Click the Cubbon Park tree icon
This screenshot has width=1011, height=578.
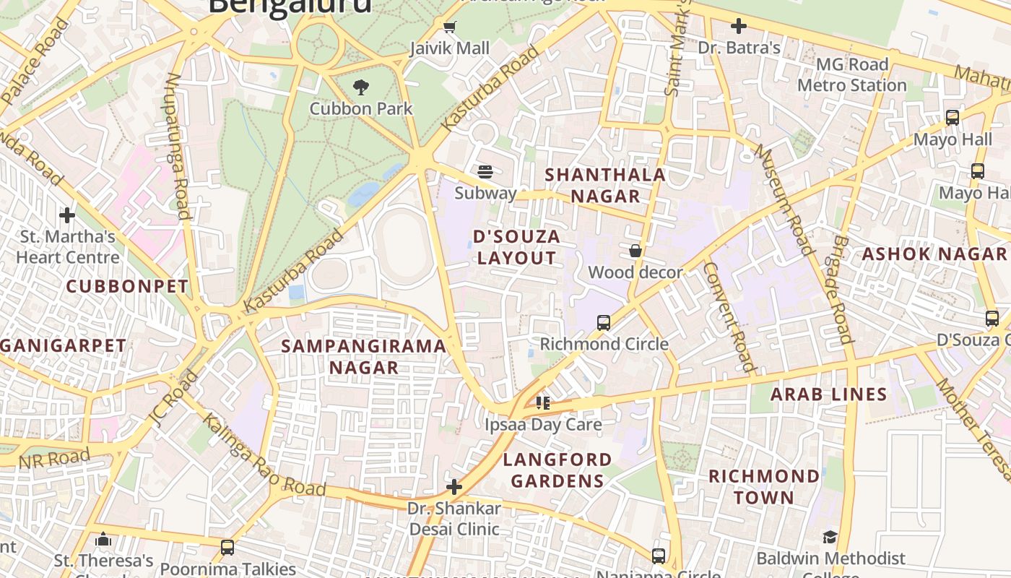pyautogui.click(x=360, y=87)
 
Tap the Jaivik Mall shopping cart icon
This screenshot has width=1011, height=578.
pyautogui.click(x=449, y=27)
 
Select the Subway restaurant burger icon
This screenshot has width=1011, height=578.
pyautogui.click(x=485, y=172)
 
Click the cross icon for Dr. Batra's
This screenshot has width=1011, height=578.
pyautogui.click(x=738, y=27)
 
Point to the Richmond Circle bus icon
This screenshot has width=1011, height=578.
pyautogui.click(x=604, y=322)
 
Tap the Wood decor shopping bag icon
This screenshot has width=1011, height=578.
pyautogui.click(x=635, y=251)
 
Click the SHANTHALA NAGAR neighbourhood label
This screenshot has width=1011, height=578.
pyautogui.click(x=604, y=185)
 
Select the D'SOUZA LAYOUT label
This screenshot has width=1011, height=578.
pyautogui.click(x=517, y=247)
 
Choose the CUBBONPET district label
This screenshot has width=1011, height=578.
pyautogui.click(x=127, y=286)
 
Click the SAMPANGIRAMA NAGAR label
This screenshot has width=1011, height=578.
pyautogui.click(x=363, y=356)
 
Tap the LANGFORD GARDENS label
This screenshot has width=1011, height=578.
pyautogui.click(x=557, y=470)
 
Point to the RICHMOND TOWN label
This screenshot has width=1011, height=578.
pyautogui.click(x=764, y=486)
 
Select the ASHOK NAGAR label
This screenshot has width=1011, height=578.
pyautogui.click(x=934, y=254)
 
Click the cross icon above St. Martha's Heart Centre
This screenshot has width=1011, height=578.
pyautogui.click(x=67, y=215)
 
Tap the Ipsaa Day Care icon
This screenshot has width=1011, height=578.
pyautogui.click(x=543, y=402)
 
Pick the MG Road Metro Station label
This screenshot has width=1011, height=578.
pyautogui.click(x=851, y=74)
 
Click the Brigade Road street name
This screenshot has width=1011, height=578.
pyautogui.click(x=842, y=289)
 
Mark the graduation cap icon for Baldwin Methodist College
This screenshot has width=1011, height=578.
pyautogui.click(x=830, y=537)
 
